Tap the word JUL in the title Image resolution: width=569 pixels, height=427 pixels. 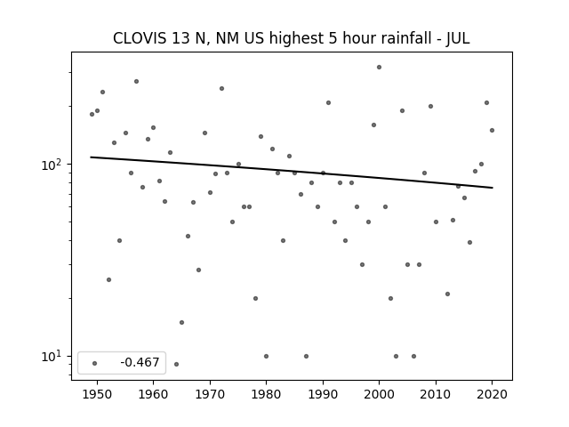tap(458, 38)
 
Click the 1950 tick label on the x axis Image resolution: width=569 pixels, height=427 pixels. tap(97, 394)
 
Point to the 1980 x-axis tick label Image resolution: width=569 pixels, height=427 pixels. tap(266, 394)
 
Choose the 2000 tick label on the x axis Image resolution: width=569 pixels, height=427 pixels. tap(379, 394)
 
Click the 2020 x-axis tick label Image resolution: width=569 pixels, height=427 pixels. tap(492, 394)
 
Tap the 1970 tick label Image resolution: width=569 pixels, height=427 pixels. tap(210, 394)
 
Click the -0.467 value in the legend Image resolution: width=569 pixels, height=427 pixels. tap(140, 362)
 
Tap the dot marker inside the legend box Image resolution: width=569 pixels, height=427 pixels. tap(95, 363)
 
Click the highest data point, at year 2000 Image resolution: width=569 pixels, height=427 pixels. tap(380, 68)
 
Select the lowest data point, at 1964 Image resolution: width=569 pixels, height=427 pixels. tap(176, 364)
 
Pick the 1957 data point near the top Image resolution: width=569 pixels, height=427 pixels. tap(136, 81)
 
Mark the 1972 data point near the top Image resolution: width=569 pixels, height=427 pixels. tap(221, 89)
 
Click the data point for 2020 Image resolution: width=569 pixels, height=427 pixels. tap(492, 131)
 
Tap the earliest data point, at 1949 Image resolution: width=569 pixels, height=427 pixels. tap(92, 115)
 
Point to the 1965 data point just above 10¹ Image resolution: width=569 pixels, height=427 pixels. tap(181, 322)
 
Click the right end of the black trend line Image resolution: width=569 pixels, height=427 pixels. tap(493, 188)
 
